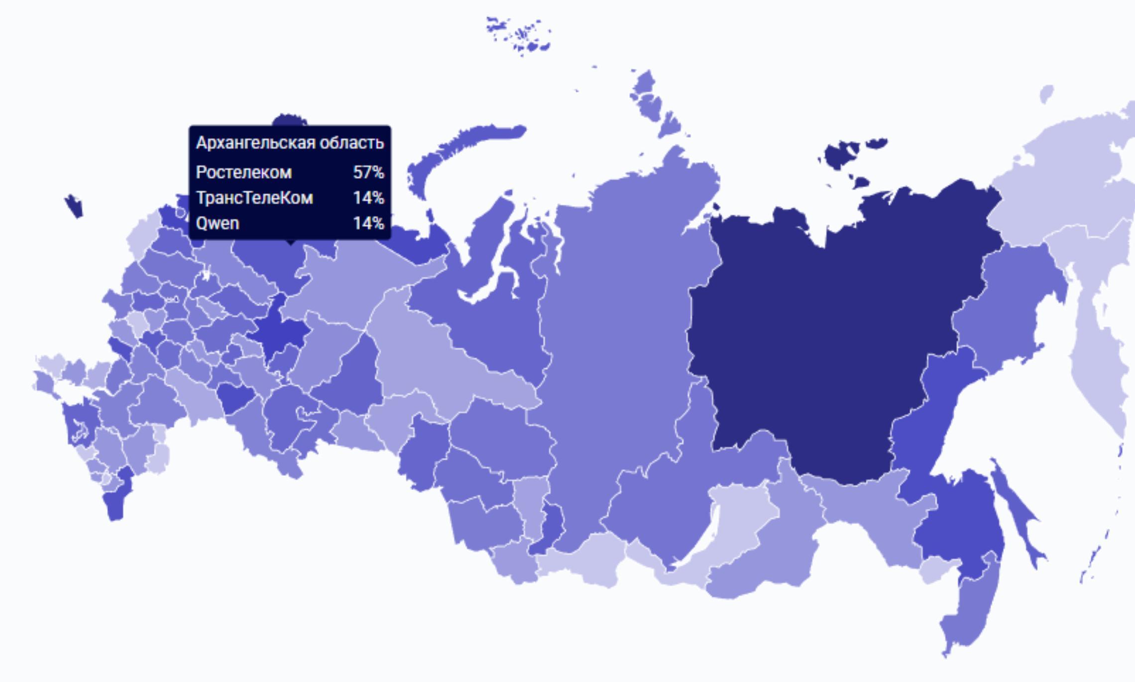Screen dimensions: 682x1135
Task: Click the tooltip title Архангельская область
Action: pyautogui.click(x=290, y=143)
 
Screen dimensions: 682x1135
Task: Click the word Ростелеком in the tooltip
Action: pyautogui.click(x=243, y=173)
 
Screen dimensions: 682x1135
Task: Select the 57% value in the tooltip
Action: pyautogui.click(x=368, y=173)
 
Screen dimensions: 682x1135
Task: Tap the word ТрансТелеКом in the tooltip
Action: pyautogui.click(x=254, y=198)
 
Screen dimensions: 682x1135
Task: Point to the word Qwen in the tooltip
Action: pyautogui.click(x=218, y=224)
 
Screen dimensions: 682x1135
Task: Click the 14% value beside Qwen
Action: pyautogui.click(x=368, y=224)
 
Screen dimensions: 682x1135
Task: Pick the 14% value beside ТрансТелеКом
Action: pyautogui.click(x=368, y=198)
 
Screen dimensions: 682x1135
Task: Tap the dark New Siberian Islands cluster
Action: pyautogui.click(x=841, y=154)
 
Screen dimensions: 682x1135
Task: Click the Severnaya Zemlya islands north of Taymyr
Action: pyautogui.click(x=652, y=105)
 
